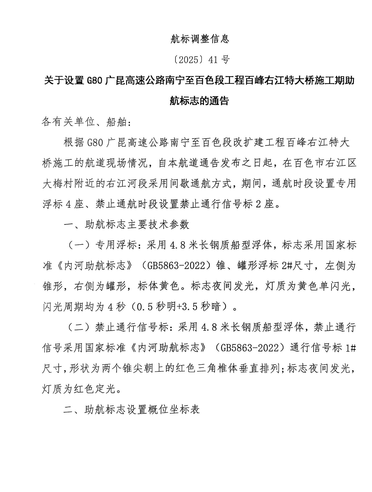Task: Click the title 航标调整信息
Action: tap(200, 39)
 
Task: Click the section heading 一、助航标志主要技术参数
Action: tap(127, 225)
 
